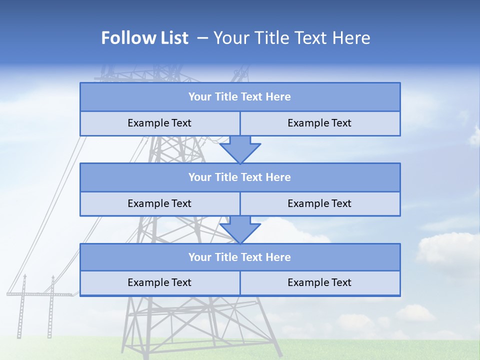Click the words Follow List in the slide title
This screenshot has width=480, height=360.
(x=144, y=38)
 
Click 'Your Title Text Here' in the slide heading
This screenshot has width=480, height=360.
(x=291, y=38)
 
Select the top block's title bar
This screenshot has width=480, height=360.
(x=240, y=97)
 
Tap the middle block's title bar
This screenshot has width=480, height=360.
(x=240, y=177)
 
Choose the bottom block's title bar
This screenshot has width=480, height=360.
(x=240, y=257)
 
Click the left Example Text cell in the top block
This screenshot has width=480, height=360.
(x=159, y=123)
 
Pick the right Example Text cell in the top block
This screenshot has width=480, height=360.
(x=320, y=123)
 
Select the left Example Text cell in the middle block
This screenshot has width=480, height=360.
(x=159, y=203)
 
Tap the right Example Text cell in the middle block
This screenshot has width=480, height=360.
(x=320, y=203)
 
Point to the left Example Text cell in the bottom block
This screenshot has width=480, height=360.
(x=159, y=282)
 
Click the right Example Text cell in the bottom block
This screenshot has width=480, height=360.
(x=320, y=282)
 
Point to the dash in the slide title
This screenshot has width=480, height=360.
(x=202, y=38)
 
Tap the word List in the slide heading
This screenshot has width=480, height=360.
(x=171, y=38)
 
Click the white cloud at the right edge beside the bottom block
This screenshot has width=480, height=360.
(x=447, y=250)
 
